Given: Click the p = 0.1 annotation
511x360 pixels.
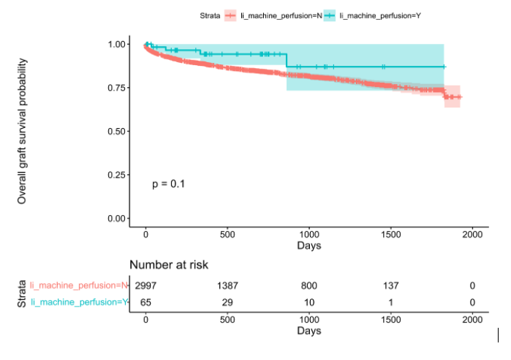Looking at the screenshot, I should click(168, 184).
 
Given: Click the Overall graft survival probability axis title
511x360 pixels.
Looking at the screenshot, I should click(23, 132).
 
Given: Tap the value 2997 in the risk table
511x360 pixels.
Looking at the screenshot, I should click(145, 285).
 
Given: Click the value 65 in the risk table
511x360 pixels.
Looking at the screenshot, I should click(145, 301).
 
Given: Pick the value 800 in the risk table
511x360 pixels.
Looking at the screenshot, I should click(309, 285).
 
